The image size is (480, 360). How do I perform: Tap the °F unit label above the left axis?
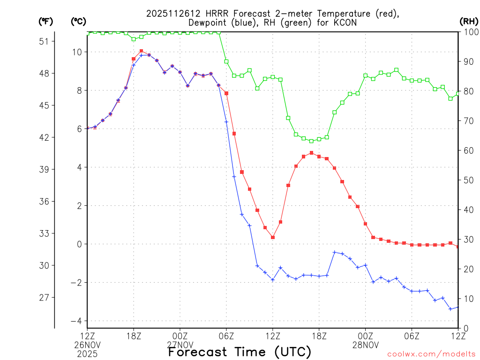click(x=45, y=21)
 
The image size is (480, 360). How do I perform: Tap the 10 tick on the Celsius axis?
click(x=76, y=52)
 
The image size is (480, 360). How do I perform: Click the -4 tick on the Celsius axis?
click(x=75, y=321)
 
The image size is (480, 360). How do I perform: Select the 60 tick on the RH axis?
click(x=467, y=150)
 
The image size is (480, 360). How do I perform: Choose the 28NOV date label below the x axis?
click(x=366, y=345)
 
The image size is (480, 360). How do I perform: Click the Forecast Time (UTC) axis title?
click(x=240, y=352)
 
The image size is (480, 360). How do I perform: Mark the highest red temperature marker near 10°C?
click(x=141, y=51)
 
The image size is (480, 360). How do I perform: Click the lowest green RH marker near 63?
click(x=311, y=141)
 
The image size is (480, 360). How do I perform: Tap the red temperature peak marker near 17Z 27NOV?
click(x=311, y=153)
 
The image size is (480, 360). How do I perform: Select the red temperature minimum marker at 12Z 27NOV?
click(x=273, y=237)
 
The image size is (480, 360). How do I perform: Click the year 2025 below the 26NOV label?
click(x=87, y=352)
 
